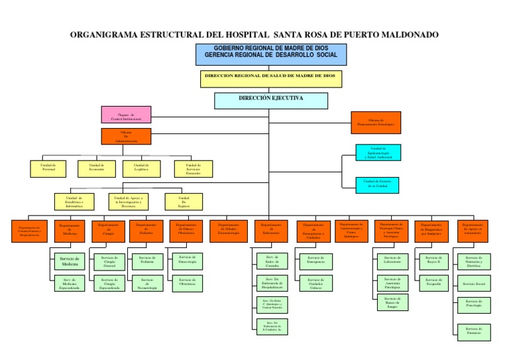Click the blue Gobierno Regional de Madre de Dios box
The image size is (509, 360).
coord(270,54)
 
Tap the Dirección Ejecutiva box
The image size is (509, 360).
coord(270,100)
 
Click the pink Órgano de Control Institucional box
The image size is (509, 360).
coord(126,115)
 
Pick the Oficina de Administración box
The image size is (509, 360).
coord(126,137)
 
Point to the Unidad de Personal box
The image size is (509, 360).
coord(48,168)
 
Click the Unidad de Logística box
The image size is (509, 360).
coord(141,168)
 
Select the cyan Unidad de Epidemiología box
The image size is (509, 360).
coord(377,152)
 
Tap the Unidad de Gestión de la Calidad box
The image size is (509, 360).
coord(377,184)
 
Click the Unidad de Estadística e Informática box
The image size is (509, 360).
coord(74,202)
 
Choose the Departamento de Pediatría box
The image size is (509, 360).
coord(146,230)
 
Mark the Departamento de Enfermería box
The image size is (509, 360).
coord(271,230)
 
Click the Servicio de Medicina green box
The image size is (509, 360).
coord(70,261)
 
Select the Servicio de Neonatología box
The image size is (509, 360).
coord(147,284)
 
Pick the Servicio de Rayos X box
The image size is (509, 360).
coord(433,260)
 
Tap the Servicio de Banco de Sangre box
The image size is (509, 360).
coord(392,302)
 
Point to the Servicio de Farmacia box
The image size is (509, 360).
coord(473,331)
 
